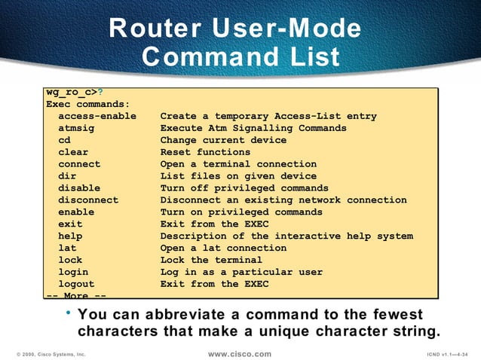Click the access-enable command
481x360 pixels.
pyautogui.click(x=97, y=116)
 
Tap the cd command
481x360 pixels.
pyautogui.click(x=64, y=140)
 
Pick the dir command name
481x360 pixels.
pyautogui.click(x=67, y=176)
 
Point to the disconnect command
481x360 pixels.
pyautogui.click(x=88, y=200)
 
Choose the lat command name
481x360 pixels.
pyautogui.click(x=67, y=248)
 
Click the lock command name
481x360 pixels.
pyautogui.click(x=70, y=260)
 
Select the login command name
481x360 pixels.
pyautogui.click(x=73, y=272)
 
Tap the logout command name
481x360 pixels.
pyautogui.click(x=76, y=284)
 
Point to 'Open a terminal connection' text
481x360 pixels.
pyautogui.click(x=238, y=164)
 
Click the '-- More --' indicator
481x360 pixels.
pyautogui.click(x=76, y=295)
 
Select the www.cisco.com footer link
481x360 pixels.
pyautogui.click(x=239, y=353)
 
